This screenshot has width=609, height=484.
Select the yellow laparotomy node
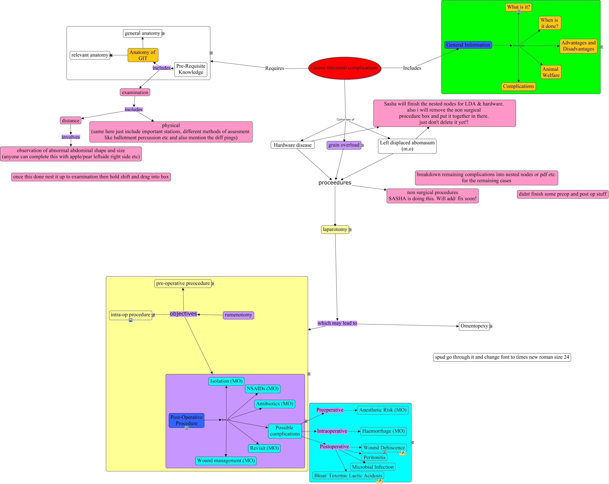point(335,229)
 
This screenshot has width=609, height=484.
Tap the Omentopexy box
point(474,326)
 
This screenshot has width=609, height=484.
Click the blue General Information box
point(468,45)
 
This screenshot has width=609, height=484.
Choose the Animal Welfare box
point(551,72)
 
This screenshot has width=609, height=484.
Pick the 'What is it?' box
point(519,7)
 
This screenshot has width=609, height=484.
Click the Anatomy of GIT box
point(143,55)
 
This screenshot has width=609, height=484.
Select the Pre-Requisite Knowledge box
point(191,69)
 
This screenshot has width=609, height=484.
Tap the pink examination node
point(135,92)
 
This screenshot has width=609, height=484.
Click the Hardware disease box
point(293,145)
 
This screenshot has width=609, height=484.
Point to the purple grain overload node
point(344,145)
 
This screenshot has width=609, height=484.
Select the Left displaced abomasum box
point(407,146)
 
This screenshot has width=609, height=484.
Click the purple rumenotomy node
point(238,315)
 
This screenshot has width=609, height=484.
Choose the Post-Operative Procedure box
point(186,420)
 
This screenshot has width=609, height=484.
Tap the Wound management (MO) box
point(226,460)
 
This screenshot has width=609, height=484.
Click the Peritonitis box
point(374,457)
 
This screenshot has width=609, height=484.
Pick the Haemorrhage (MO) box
point(384,431)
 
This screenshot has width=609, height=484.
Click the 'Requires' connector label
point(275,68)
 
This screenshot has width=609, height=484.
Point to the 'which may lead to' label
point(337,323)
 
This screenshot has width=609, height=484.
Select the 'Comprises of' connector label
point(345,120)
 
